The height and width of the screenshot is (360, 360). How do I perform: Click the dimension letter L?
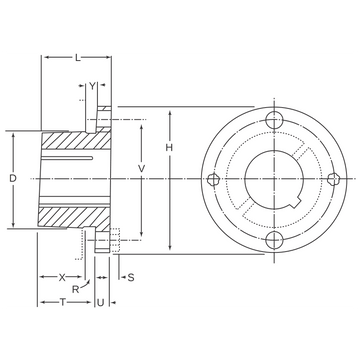pyautogui.click(x=78, y=58)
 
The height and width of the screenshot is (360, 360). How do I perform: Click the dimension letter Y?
pyautogui.click(x=92, y=86)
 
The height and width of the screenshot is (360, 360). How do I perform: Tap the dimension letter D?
pyautogui.click(x=13, y=178)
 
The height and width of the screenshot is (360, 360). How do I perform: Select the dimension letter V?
pyautogui.click(x=142, y=169)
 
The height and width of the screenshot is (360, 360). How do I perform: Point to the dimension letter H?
pyautogui.click(x=169, y=148)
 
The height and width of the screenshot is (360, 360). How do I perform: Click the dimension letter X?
pyautogui.click(x=62, y=277)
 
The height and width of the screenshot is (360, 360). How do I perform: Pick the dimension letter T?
pyautogui.click(x=63, y=302)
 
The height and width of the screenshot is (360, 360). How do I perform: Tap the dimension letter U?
pyautogui.click(x=100, y=303)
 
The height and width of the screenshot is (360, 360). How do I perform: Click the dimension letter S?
pyautogui.click(x=131, y=277)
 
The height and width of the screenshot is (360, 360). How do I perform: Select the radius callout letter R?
pyautogui.click(x=76, y=289)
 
